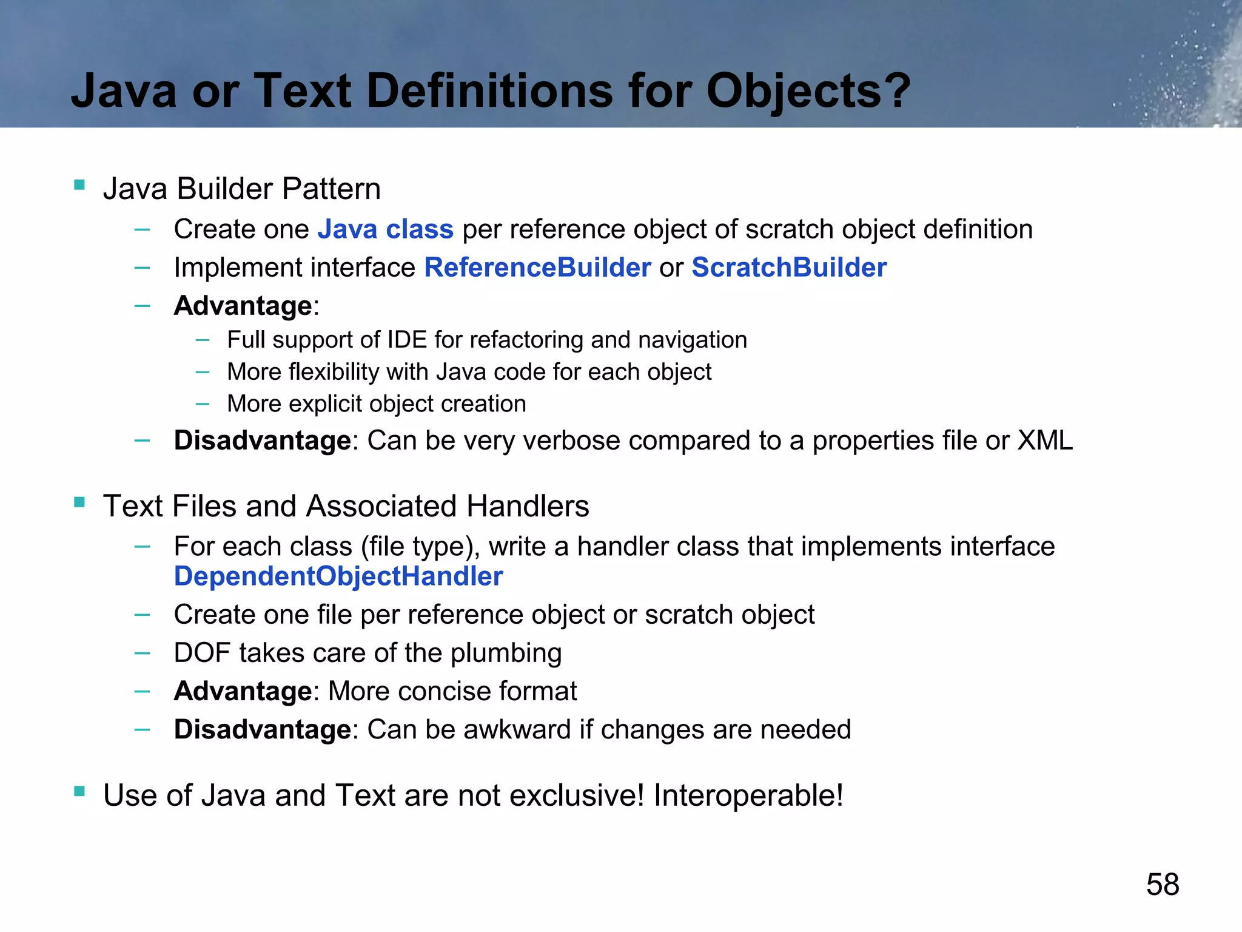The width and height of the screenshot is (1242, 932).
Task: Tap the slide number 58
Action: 1163,884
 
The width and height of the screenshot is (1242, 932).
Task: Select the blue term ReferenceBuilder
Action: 537,268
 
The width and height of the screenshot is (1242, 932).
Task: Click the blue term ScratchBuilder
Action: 789,268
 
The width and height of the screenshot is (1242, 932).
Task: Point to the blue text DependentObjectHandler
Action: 338,576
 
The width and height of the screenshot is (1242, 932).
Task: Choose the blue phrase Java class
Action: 385,229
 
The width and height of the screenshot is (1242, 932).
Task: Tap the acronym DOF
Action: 203,653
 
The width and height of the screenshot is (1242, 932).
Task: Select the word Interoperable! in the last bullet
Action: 748,795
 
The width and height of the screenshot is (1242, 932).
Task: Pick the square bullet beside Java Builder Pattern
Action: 79,184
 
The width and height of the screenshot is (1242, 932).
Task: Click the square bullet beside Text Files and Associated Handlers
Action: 79,502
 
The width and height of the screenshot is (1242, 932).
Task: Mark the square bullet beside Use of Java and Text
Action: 79,791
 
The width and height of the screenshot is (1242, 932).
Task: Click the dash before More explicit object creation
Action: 203,403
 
